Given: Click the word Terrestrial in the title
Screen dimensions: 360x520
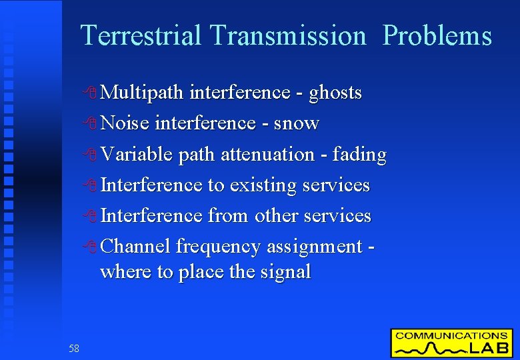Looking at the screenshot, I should pyautogui.click(x=140, y=35).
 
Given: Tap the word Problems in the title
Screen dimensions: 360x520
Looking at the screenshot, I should pyautogui.click(x=438, y=35).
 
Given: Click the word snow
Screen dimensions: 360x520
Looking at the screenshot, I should pyautogui.click(x=297, y=123).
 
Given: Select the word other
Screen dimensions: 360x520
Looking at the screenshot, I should pyautogui.click(x=276, y=216).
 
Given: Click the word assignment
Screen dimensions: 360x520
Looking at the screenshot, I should pyautogui.click(x=314, y=247).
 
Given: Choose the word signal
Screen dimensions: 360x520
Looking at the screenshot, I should pyautogui.click(x=287, y=272).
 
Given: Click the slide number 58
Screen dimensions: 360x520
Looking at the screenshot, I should pyautogui.click(x=73, y=348).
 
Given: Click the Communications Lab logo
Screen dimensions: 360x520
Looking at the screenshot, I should pyautogui.click(x=451, y=343).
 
